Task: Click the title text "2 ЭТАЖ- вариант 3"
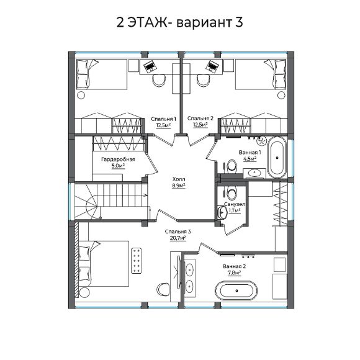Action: [x=179, y=22]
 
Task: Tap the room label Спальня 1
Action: [x=164, y=118]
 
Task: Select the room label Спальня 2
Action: [x=200, y=118]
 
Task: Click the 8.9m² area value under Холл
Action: [x=179, y=184]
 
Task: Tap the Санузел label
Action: [x=234, y=204]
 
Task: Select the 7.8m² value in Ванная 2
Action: [x=233, y=272]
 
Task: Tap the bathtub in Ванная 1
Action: [x=277, y=156]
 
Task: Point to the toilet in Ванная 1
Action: [x=231, y=166]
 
